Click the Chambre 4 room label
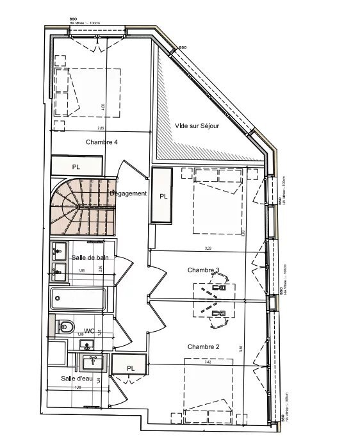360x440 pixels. tap(101, 142)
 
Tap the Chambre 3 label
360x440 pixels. tap(204, 270)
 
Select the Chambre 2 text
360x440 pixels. tap(204, 346)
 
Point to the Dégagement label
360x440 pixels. tap(128, 193)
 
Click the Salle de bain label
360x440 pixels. tap(90, 257)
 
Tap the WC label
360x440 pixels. tap(90, 330)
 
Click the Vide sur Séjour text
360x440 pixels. tap(197, 126)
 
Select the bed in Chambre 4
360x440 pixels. tap(87, 92)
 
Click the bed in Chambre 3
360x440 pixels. tap(215, 201)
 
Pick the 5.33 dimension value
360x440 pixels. tap(208, 248)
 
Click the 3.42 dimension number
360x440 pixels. tap(207, 363)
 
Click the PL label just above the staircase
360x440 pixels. tap(77, 167)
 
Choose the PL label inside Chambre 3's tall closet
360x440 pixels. tap(163, 197)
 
